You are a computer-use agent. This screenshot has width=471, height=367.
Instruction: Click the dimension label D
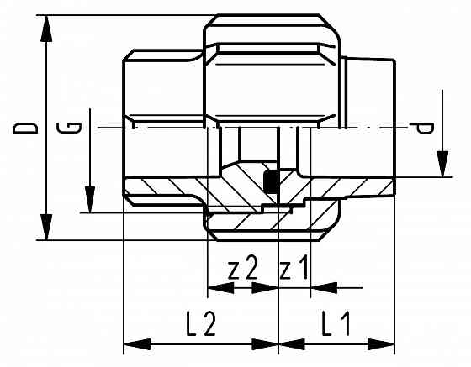pyautogui.click(x=28, y=128)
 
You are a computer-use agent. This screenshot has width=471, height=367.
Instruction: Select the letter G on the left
pyautogui.click(x=74, y=128)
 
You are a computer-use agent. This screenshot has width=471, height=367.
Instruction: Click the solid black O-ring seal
pyautogui.click(x=272, y=181)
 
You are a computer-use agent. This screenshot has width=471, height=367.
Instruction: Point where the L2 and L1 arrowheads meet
pyautogui.click(x=278, y=344)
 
